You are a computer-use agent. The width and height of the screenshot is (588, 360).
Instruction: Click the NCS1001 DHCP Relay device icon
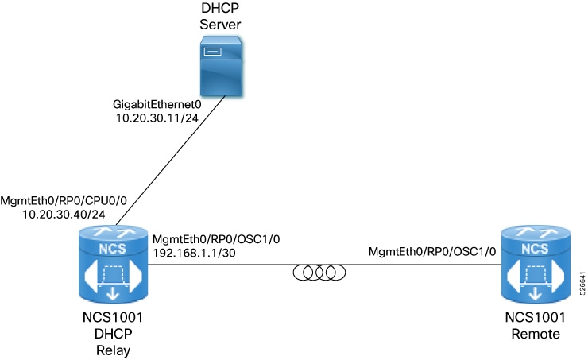pyautogui.click(x=112, y=266)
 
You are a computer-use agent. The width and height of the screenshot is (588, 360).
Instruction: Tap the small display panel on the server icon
pyautogui.click(x=211, y=52)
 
